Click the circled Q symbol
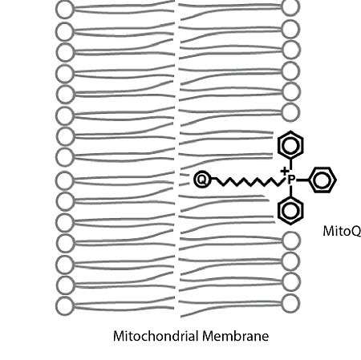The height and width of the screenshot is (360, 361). (x=201, y=179)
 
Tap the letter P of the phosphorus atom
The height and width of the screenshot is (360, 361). (x=291, y=180)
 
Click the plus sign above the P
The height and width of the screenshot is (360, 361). (x=285, y=171)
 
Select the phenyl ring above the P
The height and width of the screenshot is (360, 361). (x=290, y=144)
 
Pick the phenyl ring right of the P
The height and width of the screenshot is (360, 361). (x=322, y=180)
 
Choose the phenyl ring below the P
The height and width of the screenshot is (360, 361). (x=290, y=211)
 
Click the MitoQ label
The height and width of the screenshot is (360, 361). (x=342, y=231)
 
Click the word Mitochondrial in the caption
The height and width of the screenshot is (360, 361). (x=156, y=336)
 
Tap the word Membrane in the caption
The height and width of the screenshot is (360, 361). (x=235, y=336)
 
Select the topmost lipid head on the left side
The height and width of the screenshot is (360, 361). (x=64, y=10)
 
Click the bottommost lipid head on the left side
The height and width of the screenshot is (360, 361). (x=64, y=305)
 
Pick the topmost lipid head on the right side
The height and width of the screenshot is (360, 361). (x=290, y=6)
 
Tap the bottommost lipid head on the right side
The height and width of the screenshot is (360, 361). (x=290, y=303)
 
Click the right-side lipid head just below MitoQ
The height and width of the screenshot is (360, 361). (x=291, y=241)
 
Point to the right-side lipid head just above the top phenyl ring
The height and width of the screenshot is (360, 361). (x=290, y=112)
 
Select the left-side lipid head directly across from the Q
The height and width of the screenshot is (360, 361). (x=64, y=180)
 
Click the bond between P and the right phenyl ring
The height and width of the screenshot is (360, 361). (x=302, y=180)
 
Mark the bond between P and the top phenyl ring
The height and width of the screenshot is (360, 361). (x=290, y=166)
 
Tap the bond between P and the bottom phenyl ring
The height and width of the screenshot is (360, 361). (x=290, y=191)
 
